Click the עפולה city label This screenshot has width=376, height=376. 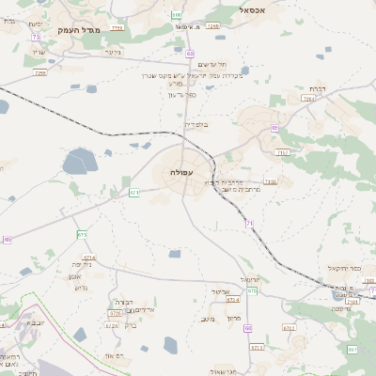pyautogui.click(x=181, y=173)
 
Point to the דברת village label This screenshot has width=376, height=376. pyautogui.click(x=317, y=87)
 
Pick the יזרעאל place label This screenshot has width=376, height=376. pyautogui.click(x=249, y=280)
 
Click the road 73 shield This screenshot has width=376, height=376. pyautogui.click(x=37, y=37)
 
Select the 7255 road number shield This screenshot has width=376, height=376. pyautogui.click(x=117, y=28)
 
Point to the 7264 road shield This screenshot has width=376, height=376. pyautogui.click(x=307, y=98)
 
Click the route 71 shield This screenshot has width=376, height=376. pyautogui.click(x=249, y=223)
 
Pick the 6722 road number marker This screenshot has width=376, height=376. pyautogui.click(x=113, y=325)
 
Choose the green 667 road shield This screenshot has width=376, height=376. pyautogui.click(x=252, y=290)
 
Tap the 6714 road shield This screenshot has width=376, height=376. pyautogui.click(x=89, y=257)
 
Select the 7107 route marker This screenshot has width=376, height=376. pyautogui.click(x=272, y=181)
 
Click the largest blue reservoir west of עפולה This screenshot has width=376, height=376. pyautogui.click(x=80, y=164)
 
